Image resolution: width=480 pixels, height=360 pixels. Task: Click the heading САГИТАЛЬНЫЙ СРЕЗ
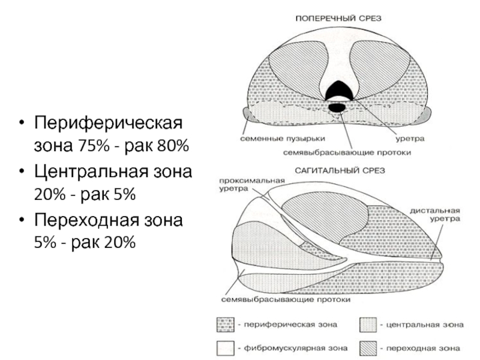coord(338,171)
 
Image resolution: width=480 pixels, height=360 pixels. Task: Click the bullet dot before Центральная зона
coord(22,173)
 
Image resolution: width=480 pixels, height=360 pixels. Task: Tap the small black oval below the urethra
coord(337,107)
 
